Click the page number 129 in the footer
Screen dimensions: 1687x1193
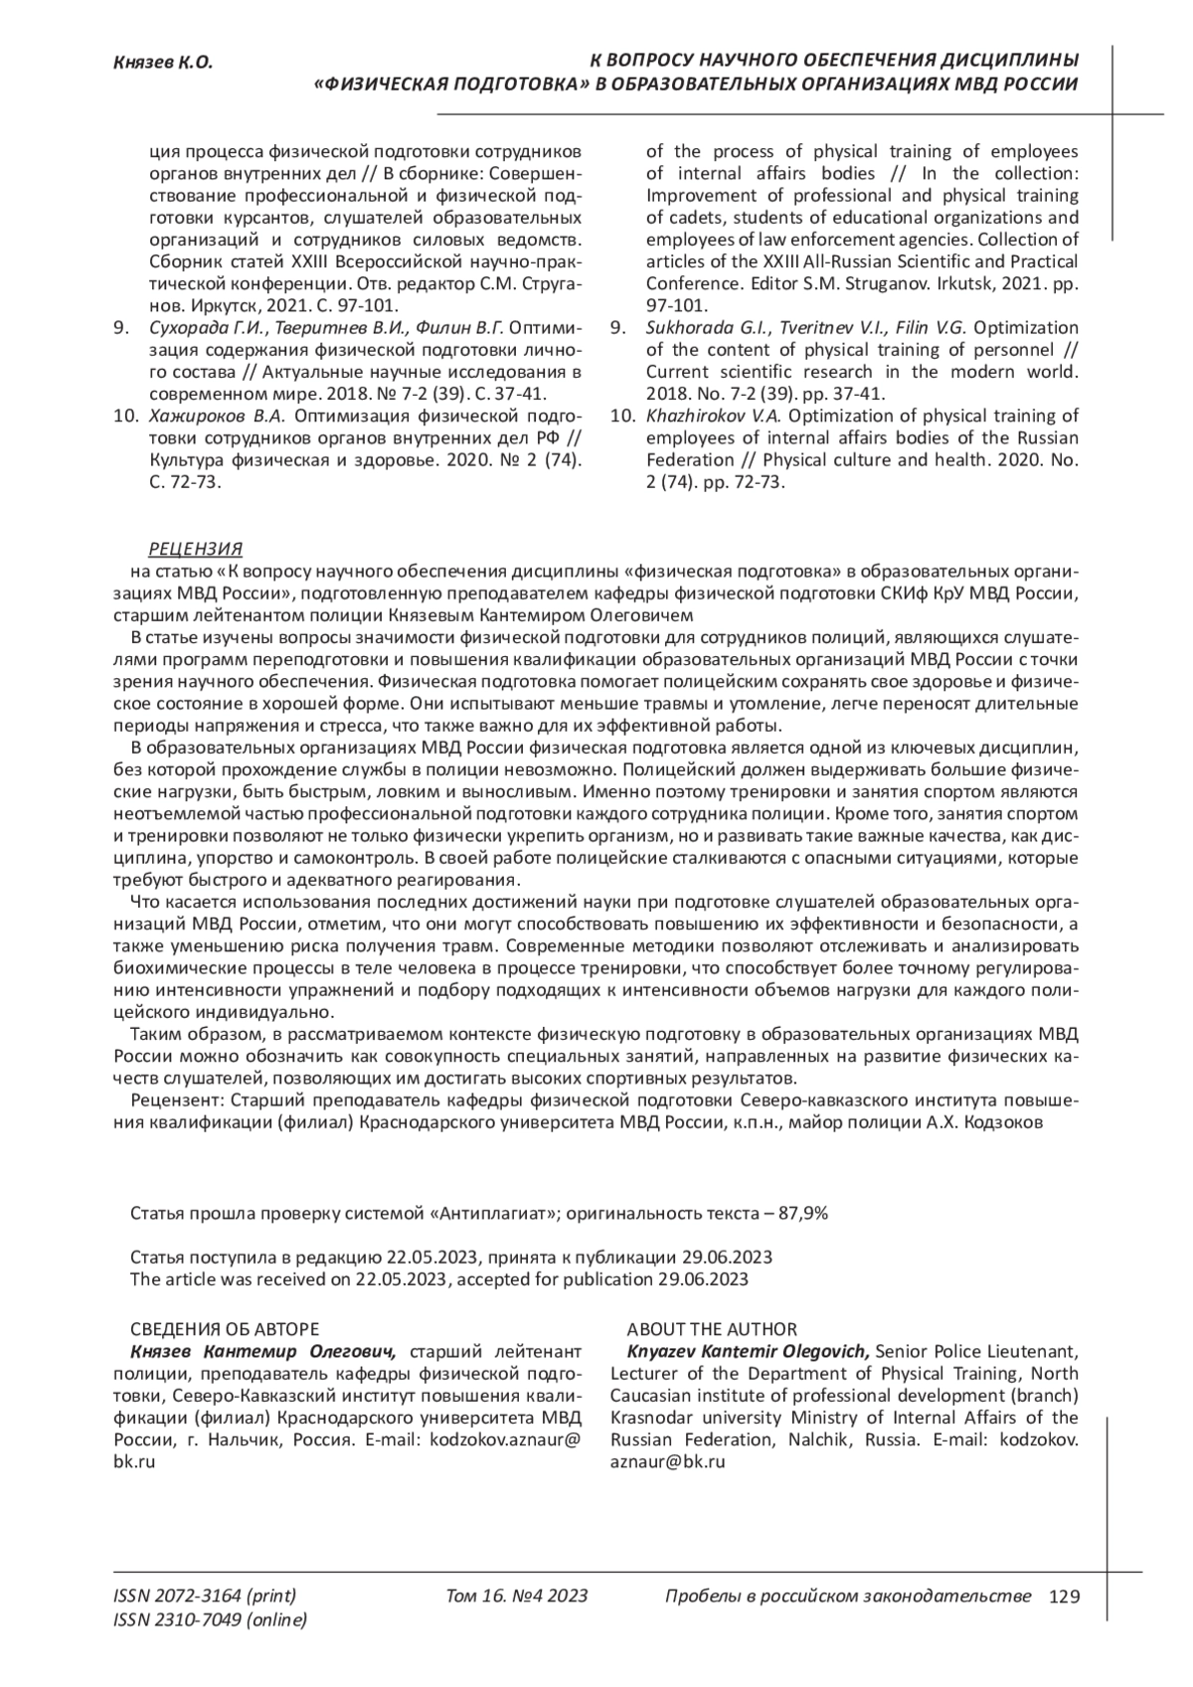click(1064, 1597)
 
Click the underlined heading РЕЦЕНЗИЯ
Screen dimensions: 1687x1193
click(195, 550)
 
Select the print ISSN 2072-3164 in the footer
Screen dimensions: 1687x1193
click(205, 1597)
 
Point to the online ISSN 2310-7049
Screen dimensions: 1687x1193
click(211, 1620)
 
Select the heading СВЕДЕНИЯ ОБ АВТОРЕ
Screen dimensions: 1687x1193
click(225, 1329)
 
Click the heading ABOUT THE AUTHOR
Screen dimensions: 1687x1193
click(711, 1329)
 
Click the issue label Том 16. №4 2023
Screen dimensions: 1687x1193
click(517, 1597)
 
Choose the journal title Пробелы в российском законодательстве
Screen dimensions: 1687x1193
click(847, 1597)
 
